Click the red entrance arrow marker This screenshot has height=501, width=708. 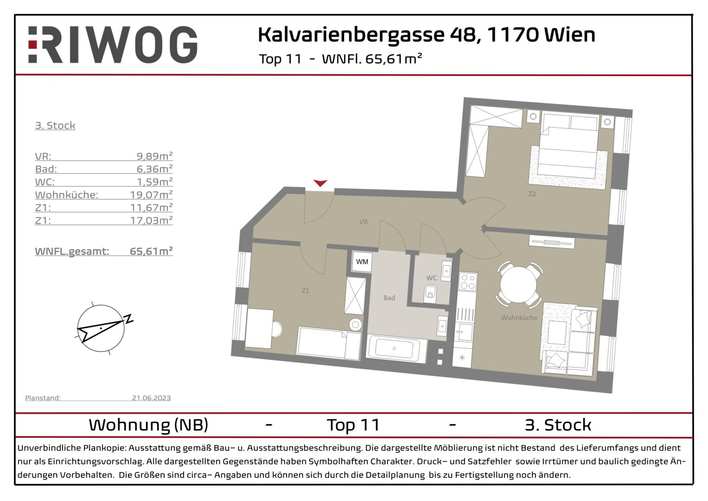click(320, 183)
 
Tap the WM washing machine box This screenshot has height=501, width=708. click(362, 262)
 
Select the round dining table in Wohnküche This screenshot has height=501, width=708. click(518, 284)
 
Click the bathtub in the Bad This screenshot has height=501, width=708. click(395, 349)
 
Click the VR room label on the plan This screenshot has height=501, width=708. click(364, 222)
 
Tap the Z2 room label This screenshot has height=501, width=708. click(532, 194)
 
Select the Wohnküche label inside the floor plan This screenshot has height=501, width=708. click(519, 318)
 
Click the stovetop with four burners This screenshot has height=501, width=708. click(467, 281)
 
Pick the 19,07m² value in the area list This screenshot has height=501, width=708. click(151, 195)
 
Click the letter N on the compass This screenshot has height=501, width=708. click(129, 319)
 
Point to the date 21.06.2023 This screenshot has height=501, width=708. click(151, 398)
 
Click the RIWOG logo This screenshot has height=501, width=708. click(113, 45)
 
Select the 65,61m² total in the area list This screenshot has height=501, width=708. click(151, 251)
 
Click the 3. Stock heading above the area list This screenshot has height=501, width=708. click(55, 125)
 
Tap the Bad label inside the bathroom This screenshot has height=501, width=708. click(389, 298)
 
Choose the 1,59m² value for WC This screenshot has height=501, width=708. click(154, 182)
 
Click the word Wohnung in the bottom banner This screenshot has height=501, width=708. click(129, 425)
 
